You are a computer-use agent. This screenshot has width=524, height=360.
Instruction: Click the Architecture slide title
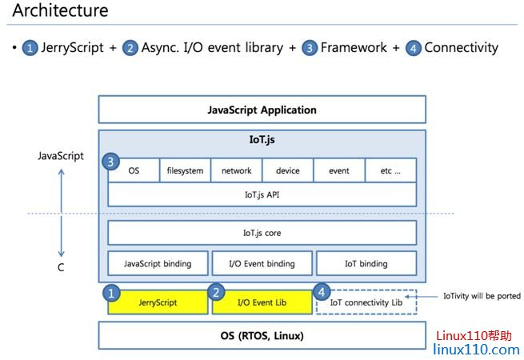pyautogui.click(x=60, y=12)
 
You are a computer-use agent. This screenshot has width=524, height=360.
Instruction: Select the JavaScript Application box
pyautogui.click(x=262, y=110)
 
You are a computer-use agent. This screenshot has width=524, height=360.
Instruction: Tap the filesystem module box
pyautogui.click(x=185, y=170)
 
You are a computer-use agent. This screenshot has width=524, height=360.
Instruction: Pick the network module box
pyautogui.click(x=236, y=170)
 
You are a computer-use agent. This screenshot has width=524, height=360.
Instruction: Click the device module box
pyautogui.click(x=287, y=170)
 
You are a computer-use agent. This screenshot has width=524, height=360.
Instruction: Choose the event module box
pyautogui.click(x=338, y=170)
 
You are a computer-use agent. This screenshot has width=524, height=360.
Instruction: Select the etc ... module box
pyautogui.click(x=390, y=170)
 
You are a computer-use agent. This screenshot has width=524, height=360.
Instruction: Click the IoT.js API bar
pyautogui.click(x=262, y=194)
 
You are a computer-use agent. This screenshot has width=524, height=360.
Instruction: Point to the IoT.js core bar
pyautogui.click(x=262, y=233)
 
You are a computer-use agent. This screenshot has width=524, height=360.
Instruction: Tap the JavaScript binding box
pyautogui.click(x=158, y=263)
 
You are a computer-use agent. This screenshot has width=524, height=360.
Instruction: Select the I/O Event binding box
pyautogui.click(x=262, y=263)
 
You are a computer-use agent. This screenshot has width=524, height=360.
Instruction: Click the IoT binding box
pyautogui.click(x=366, y=263)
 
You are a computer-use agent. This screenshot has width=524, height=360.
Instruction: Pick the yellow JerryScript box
pyautogui.click(x=158, y=302)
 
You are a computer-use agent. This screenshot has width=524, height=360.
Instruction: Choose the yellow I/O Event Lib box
pyautogui.click(x=262, y=302)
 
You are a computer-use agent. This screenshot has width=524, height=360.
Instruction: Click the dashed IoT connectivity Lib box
pyautogui.click(x=366, y=302)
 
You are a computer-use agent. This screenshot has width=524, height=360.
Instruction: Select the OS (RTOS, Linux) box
pyautogui.click(x=262, y=336)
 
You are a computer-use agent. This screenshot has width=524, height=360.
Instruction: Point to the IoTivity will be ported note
pyautogui.click(x=482, y=296)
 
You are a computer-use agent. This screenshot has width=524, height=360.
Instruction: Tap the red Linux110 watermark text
pyautogui.click(x=472, y=336)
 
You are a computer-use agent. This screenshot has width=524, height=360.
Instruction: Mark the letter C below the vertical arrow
pyautogui.click(x=60, y=268)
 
